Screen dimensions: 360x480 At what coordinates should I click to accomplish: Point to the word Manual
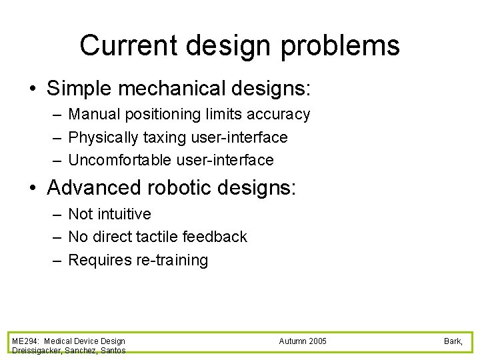tap(93, 115)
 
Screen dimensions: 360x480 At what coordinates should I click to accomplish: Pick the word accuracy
tap(280, 115)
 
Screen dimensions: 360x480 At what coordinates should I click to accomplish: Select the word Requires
tap(100, 260)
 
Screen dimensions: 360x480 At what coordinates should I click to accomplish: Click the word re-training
tap(172, 260)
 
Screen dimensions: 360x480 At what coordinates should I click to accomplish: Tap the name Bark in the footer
tap(453, 341)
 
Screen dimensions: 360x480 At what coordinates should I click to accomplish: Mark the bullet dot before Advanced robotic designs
tap(33, 188)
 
